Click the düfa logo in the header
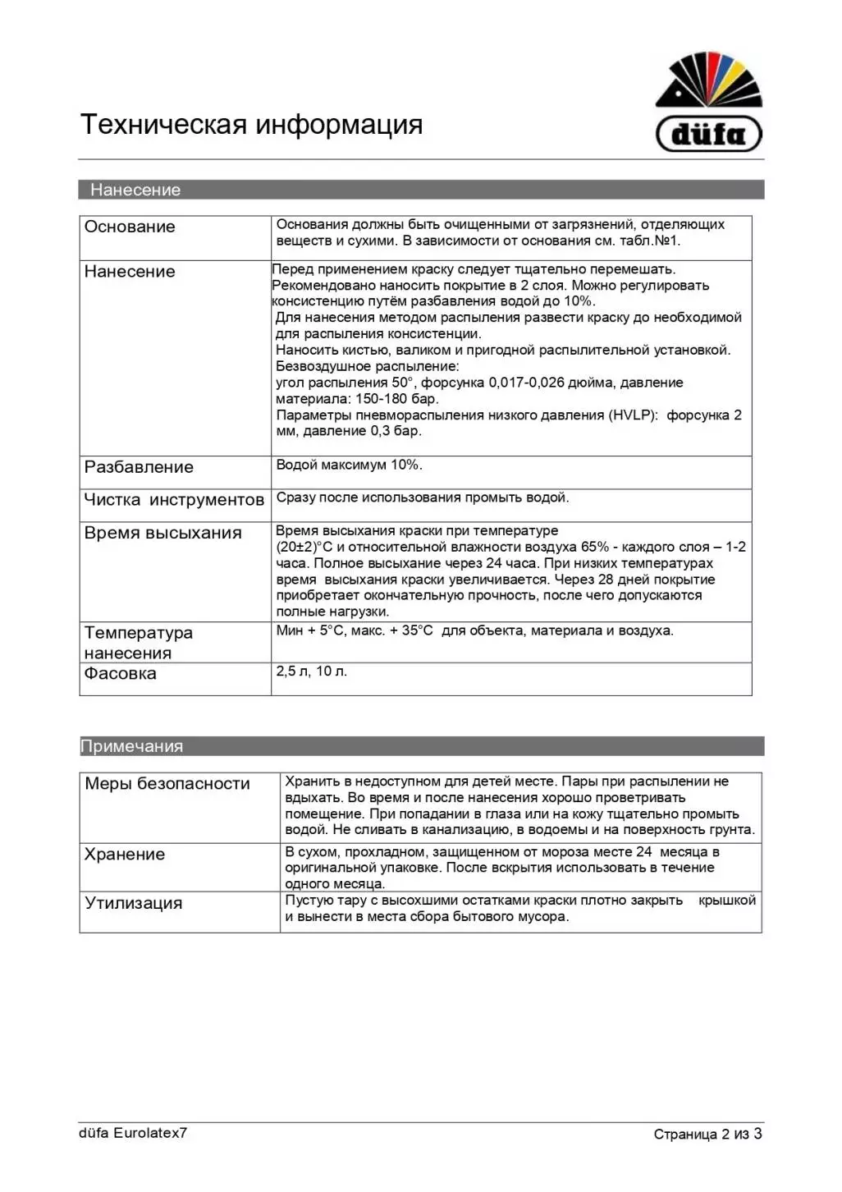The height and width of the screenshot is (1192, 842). coord(709,103)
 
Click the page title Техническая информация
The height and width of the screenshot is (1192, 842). coord(251,125)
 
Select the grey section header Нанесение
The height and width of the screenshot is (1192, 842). coord(135,190)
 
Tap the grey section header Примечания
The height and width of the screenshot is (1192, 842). coord(131,746)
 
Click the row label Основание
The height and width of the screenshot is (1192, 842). coord(130,227)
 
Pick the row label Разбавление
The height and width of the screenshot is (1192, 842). coord(139,467)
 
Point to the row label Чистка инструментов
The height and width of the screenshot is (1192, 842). coord(174,500)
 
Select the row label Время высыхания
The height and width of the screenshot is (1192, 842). coord(162,533)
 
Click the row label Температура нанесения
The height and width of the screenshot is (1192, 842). coord(138,643)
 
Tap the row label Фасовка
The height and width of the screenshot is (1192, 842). coord(120,673)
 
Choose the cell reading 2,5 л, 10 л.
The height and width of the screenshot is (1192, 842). coord(312,672)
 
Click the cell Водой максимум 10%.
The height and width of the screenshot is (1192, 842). coord(350,465)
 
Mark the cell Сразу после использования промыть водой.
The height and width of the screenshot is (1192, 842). coord(423,497)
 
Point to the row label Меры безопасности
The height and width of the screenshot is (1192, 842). coord(167,784)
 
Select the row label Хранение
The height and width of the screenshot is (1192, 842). coord(125,855)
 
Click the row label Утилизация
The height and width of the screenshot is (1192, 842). coord(134,903)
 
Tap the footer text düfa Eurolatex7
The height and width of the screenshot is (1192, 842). coord(133,1133)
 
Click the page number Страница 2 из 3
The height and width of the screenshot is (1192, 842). coord(707,1134)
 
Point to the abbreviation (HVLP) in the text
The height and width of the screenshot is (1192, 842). coord(634,415)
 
